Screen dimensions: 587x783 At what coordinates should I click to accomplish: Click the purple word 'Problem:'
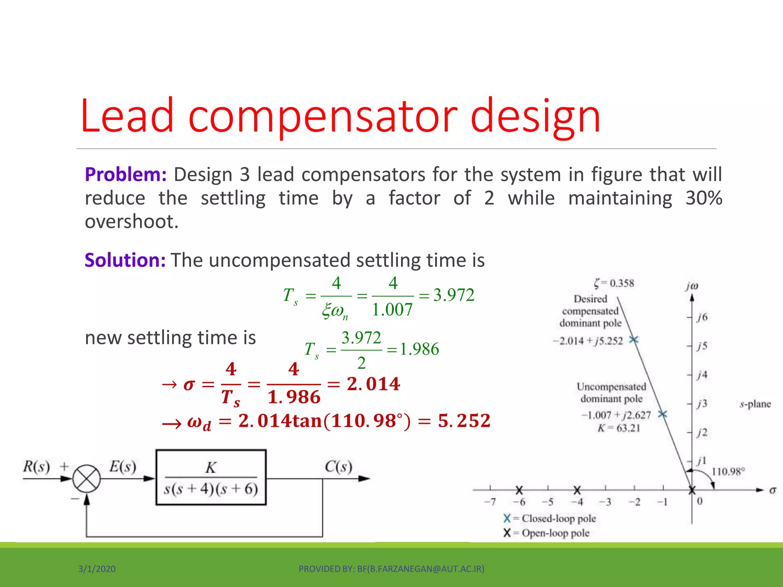pos(125,175)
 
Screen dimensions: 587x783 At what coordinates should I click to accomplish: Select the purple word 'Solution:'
pos(125,260)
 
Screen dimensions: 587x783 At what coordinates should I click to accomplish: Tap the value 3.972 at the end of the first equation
pos(453,295)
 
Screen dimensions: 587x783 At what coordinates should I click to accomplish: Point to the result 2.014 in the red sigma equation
pos(373,384)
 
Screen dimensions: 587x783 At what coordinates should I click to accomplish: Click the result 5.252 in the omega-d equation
pos(464,421)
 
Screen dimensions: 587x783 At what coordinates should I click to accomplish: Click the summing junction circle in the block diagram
pos(87,478)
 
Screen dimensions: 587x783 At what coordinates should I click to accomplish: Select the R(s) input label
pos(36,467)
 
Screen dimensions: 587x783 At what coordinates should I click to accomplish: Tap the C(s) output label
pos(338,467)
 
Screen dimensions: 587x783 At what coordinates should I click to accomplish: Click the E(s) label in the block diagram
pos(122,467)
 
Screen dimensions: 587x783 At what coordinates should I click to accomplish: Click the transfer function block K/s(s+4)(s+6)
pos(211,478)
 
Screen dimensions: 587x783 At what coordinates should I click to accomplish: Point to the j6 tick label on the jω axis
pos(702,317)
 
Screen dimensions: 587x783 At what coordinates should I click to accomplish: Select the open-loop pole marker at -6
pos(519,490)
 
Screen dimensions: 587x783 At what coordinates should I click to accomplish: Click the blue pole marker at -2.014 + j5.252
pos(634,339)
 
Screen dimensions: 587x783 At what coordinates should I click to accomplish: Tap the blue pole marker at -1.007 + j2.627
pos(663,414)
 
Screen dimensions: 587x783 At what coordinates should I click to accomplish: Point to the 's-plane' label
pos(755,404)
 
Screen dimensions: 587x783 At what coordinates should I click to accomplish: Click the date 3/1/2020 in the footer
pos(97,569)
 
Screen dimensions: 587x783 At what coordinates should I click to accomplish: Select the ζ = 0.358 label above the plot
pos(614,283)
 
